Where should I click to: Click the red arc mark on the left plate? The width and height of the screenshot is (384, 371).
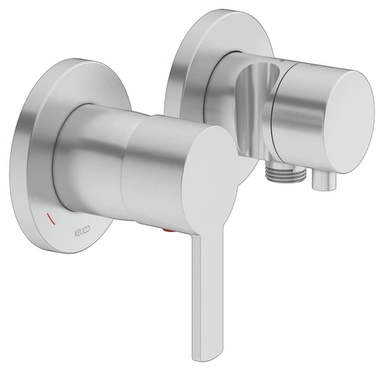pyautogui.click(x=51, y=218)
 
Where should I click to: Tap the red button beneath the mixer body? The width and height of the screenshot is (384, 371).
pyautogui.click(x=169, y=231)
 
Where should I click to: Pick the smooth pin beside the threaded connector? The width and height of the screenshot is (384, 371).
pyautogui.click(x=323, y=181)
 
